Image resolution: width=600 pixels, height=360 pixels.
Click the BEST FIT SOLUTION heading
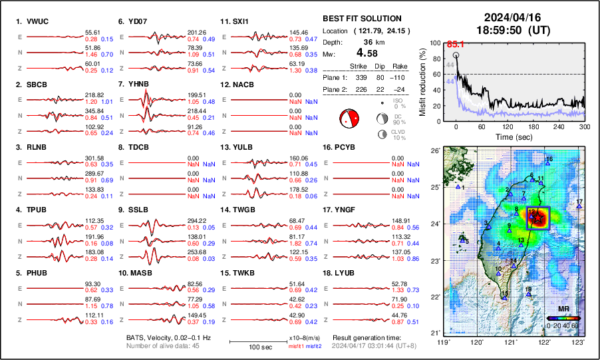click(x=362, y=19)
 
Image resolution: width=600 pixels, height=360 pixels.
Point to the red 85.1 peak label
click(x=454, y=45)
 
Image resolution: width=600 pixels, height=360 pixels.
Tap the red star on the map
click(x=537, y=218)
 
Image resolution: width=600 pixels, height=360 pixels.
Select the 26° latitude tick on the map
click(x=434, y=151)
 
